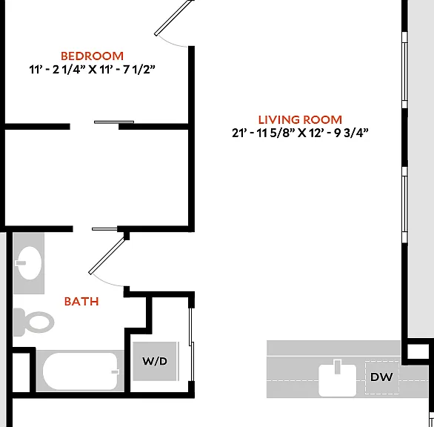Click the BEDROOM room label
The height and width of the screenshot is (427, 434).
pos(92,56)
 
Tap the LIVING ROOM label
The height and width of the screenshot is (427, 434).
pos(300,119)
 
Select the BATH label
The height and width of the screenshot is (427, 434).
pos(81,301)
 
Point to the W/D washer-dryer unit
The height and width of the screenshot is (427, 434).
pos(155,361)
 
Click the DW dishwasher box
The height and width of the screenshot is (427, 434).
pos(381,377)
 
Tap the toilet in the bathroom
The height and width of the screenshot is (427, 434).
pos(34,322)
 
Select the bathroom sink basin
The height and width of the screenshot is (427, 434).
pos(30,262)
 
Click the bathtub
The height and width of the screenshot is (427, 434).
pos(80,371)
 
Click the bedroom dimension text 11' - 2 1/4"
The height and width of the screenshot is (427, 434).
pos(57,69)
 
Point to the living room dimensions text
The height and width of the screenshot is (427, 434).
pos(300,133)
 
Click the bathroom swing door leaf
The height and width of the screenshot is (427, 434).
pos(107,256)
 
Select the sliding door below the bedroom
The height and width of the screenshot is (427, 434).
pos(114,122)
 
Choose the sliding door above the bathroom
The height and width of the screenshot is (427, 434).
pos(104,229)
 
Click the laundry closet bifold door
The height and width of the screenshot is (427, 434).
pos(192,345)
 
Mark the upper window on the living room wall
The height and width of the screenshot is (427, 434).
pos(404,70)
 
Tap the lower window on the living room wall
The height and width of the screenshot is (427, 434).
pos(404,205)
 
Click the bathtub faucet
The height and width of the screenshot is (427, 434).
pos(115,372)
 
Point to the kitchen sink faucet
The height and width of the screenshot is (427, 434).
pos(338,367)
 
